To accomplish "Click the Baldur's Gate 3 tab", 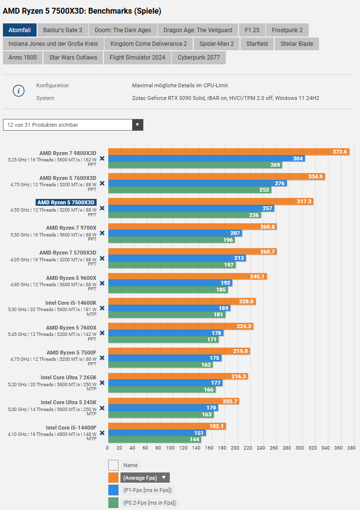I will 62,30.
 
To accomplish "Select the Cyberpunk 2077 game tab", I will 199,58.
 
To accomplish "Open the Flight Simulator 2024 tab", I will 137,58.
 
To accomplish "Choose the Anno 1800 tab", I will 22,58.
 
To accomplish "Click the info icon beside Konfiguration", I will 19,91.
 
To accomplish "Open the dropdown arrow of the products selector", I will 138,125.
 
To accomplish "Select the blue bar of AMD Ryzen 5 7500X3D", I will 191,208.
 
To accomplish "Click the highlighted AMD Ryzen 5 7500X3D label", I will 66,202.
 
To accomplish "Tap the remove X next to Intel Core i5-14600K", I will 102,308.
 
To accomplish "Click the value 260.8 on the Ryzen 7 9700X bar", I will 267,227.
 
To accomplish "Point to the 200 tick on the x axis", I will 235,448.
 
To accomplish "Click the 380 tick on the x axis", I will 350,448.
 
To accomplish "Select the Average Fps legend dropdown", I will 145,478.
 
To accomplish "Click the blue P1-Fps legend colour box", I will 113,490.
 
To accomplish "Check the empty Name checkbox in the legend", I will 113,465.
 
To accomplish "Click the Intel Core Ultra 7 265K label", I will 68,377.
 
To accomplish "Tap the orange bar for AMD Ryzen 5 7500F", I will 179,351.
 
